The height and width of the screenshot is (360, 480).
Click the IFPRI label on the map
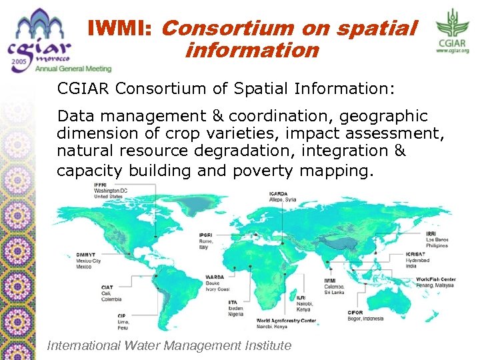pyautogui.click(x=100, y=185)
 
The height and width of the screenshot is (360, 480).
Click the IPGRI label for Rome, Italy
pyautogui.click(x=206, y=236)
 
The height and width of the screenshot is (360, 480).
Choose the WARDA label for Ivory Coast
pyautogui.click(x=215, y=276)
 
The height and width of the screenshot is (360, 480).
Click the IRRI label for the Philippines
pyautogui.click(x=431, y=233)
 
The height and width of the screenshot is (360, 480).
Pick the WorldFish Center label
pyautogui.click(x=435, y=279)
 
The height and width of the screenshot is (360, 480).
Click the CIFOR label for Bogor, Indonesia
pyautogui.click(x=355, y=312)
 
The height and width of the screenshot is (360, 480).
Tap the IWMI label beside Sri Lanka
pyautogui.click(x=331, y=280)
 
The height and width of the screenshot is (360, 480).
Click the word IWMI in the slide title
pyautogui.click(x=122, y=29)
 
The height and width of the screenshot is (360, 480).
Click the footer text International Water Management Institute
pyautogui.click(x=169, y=345)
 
